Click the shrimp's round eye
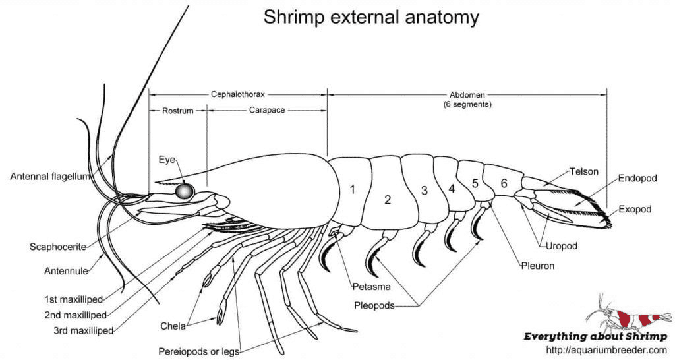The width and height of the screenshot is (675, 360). (185, 191)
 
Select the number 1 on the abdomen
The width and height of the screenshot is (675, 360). (353, 190)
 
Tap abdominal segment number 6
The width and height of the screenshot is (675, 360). (504, 183)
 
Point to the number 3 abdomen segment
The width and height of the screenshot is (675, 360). (425, 191)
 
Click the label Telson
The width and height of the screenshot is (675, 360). (585, 171)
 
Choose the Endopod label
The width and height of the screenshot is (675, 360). (637, 178)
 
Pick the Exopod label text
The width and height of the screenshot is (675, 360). (635, 210)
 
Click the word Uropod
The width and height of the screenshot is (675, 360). (562, 246)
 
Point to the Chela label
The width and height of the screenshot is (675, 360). (173, 325)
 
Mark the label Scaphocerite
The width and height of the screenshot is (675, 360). (58, 247)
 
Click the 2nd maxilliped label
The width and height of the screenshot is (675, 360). (75, 315)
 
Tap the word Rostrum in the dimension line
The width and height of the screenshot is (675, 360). (178, 111)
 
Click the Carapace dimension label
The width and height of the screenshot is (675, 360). (267, 110)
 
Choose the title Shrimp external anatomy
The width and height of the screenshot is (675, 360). (371, 17)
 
